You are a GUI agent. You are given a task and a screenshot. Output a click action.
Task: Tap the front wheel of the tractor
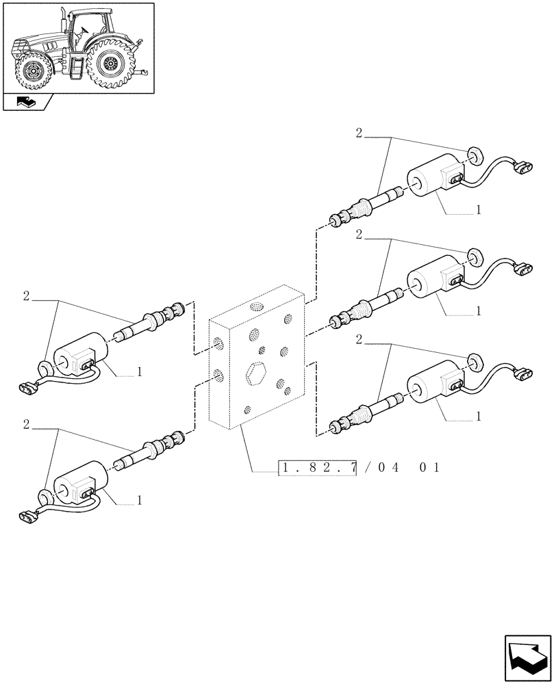coord(31,70)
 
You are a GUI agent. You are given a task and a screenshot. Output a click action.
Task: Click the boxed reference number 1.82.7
coord(317,468)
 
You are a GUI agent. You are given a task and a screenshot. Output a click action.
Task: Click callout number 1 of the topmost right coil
coord(478,210)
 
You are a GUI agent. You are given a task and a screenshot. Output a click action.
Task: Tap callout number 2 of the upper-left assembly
coord(26,296)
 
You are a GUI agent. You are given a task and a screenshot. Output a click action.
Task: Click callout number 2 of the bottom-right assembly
coord(359,339)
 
